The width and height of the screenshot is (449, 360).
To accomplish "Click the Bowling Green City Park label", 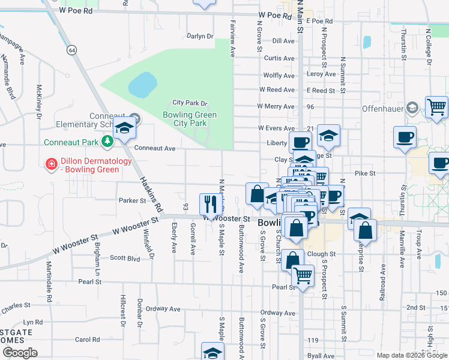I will click(190, 119).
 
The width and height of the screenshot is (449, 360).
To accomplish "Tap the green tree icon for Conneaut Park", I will click(107, 142).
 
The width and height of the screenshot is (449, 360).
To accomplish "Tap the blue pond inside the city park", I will click(142, 85).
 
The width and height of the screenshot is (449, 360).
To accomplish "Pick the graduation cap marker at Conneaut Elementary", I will click(125, 128).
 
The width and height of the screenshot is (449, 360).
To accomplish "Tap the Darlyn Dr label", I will click(200, 36).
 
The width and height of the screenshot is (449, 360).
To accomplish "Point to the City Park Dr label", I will click(190, 103).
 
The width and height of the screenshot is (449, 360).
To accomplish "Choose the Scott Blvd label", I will click(125, 258).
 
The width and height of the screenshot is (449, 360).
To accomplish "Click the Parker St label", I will click(132, 200).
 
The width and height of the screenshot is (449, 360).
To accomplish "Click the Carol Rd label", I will click(87, 339).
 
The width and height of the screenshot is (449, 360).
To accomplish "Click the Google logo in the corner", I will click(20, 353).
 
